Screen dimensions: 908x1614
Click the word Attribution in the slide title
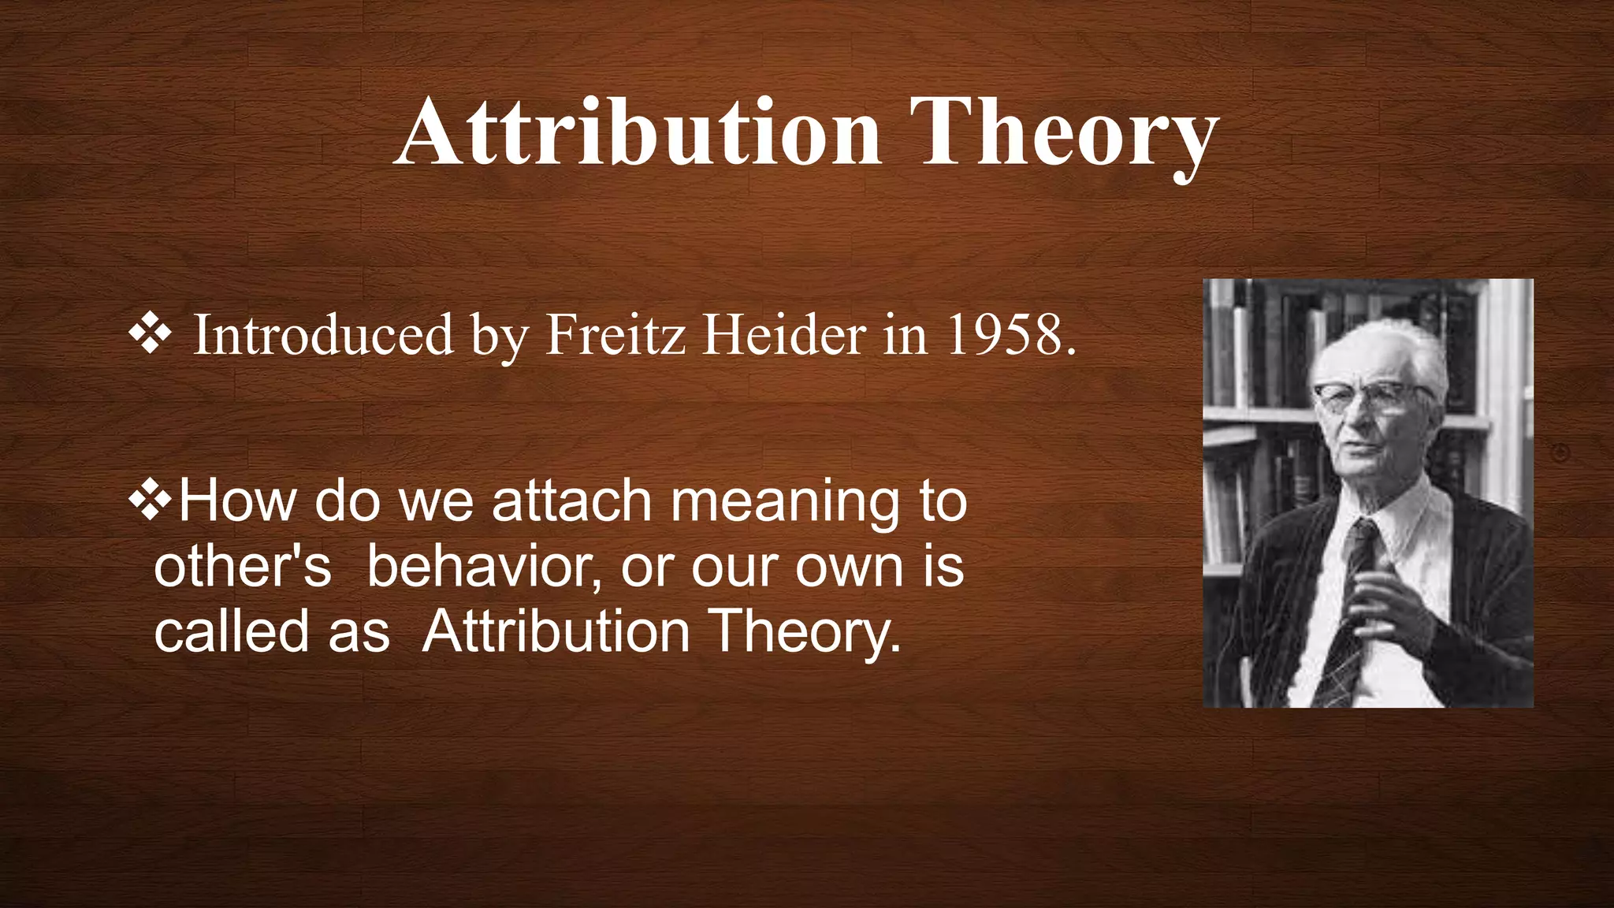click(x=638, y=132)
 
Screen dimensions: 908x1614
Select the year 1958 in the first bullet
click(x=1009, y=335)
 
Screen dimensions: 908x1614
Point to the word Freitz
click(x=615, y=335)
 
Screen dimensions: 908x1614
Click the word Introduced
click(x=323, y=335)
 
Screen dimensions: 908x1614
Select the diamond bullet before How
click(x=150, y=501)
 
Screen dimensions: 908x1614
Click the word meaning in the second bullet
click(x=784, y=503)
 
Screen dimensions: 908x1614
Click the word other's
click(x=242, y=567)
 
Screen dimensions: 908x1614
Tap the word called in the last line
click(x=231, y=632)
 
